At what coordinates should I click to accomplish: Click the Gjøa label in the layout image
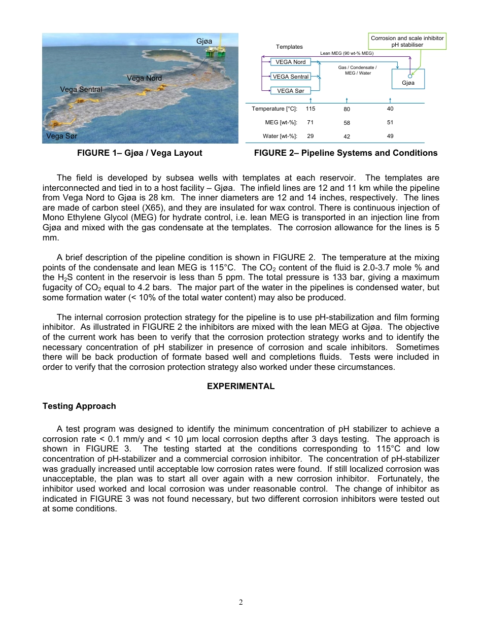coord(204,41)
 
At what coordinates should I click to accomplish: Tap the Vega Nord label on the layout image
coord(144,78)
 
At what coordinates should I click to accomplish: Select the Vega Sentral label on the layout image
coord(81,89)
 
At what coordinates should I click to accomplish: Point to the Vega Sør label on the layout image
coord(62,136)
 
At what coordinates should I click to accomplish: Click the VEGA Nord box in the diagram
coord(290,62)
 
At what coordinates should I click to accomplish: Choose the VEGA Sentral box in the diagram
coord(290,77)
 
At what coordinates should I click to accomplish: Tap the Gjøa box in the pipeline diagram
coord(408,79)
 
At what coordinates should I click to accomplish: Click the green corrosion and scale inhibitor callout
coord(407,42)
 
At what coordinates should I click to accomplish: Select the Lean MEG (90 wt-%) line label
coord(347,53)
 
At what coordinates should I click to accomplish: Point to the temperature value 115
coord(311,109)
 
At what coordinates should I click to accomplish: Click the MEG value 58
coord(346,123)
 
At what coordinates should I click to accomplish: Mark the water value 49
coord(389,136)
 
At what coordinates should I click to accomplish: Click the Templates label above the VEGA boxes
coord(289,47)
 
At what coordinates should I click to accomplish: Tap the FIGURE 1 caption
coord(140,153)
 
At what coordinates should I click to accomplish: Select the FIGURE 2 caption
coord(346,153)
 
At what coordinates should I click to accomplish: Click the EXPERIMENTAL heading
coord(241,386)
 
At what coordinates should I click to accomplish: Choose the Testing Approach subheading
coord(79,406)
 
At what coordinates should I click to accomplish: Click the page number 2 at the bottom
coord(241,602)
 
